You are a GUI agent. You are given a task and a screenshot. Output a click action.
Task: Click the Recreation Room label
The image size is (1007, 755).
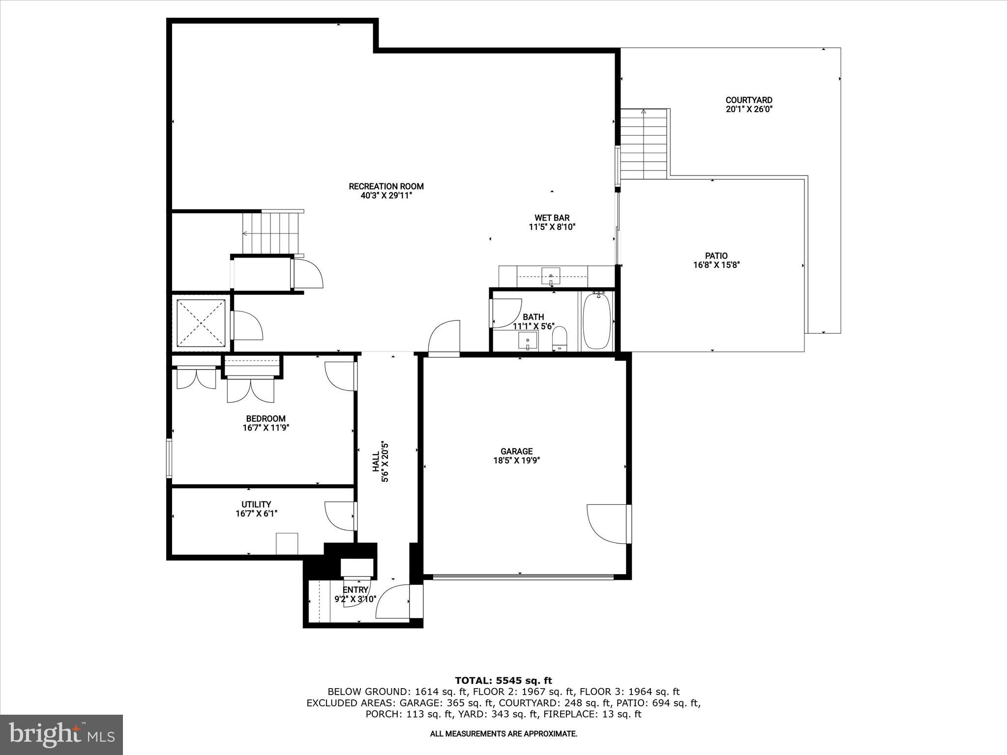coord(386,186)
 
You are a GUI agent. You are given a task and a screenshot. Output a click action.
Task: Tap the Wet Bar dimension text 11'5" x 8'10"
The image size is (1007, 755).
coord(552,227)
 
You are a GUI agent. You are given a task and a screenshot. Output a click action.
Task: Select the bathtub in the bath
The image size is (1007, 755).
coord(596,321)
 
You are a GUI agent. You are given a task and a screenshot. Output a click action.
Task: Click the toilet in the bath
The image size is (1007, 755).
coord(560,339)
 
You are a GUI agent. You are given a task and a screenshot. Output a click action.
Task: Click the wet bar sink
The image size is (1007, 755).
coord(551,276)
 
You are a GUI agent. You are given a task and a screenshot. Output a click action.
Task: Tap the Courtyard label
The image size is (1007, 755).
coord(749,100)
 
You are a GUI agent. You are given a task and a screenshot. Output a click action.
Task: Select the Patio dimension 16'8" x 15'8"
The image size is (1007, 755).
coord(716,265)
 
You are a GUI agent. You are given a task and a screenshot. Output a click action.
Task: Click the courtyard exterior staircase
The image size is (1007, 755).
coord(643,145)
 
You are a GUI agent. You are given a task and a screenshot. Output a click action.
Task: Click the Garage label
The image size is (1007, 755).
coord(516,451)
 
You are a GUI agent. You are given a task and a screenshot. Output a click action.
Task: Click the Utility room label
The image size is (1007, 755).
coord(256,504)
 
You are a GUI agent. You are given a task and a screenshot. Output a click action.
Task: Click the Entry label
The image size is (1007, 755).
coord(355,590)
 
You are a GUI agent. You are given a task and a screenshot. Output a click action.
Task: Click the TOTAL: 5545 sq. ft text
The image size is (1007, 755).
coord(503,681)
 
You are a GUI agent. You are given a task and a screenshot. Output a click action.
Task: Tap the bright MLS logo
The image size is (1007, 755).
coord(61,734)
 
